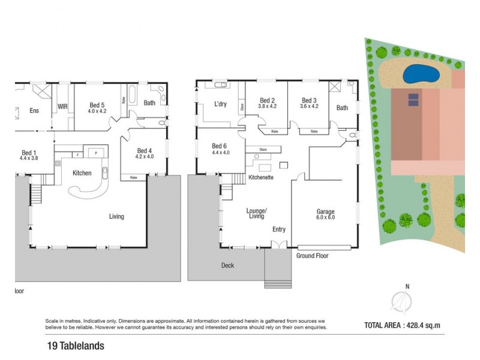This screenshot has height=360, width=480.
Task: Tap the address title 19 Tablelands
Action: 76,346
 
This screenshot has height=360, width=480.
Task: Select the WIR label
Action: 62,107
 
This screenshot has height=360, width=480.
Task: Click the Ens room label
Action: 34,111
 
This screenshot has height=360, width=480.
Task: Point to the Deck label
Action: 227,265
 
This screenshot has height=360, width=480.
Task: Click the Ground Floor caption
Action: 313,256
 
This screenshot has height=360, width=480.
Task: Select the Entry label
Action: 279,229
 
